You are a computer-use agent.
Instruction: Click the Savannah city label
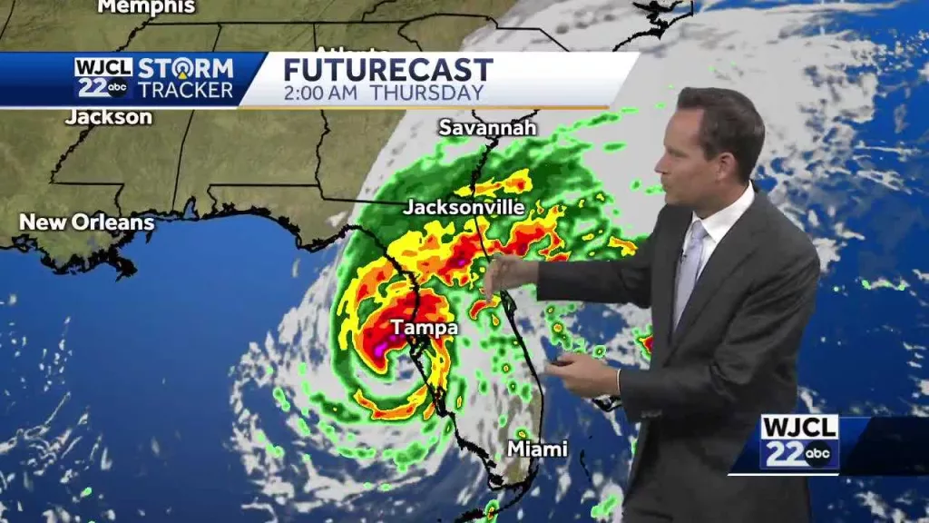coord(487,128)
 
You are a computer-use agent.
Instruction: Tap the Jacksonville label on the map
coord(464,208)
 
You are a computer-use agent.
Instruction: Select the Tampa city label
coord(424,328)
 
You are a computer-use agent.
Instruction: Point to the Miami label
coord(537,449)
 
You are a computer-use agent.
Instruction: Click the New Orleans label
coord(87,222)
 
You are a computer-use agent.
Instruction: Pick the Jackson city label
coord(109,117)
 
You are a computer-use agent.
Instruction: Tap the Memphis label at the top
coord(146,7)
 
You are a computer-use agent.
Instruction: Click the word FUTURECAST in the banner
coord(387,70)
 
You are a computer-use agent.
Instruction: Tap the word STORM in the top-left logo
coord(186,68)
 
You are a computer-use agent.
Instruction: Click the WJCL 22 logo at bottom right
coord(799,441)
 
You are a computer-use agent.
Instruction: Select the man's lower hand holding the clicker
coord(581,373)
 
